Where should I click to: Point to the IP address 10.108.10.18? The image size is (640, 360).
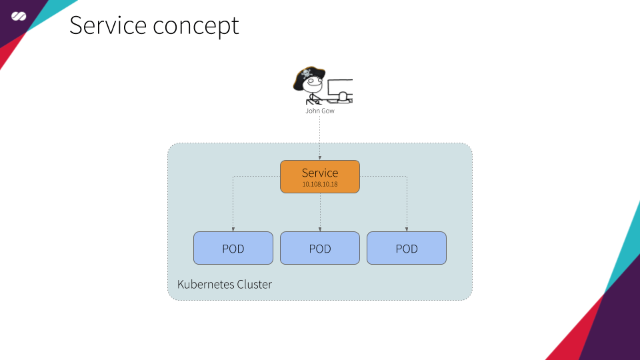[320, 183]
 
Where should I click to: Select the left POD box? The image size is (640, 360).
[233, 249]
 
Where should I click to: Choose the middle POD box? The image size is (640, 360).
[320, 249]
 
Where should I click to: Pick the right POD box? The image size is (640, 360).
[407, 249]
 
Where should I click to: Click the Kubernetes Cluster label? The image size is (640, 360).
[225, 285]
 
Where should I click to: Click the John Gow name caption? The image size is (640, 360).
[320, 111]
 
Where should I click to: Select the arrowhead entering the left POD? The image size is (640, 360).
[233, 229]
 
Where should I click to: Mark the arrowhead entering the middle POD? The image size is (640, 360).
[320, 229]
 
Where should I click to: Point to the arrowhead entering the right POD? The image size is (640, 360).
[407, 229]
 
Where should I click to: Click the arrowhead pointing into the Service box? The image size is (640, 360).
[320, 157]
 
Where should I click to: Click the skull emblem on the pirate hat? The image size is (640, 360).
[307, 73]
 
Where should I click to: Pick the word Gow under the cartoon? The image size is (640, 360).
[328, 111]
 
